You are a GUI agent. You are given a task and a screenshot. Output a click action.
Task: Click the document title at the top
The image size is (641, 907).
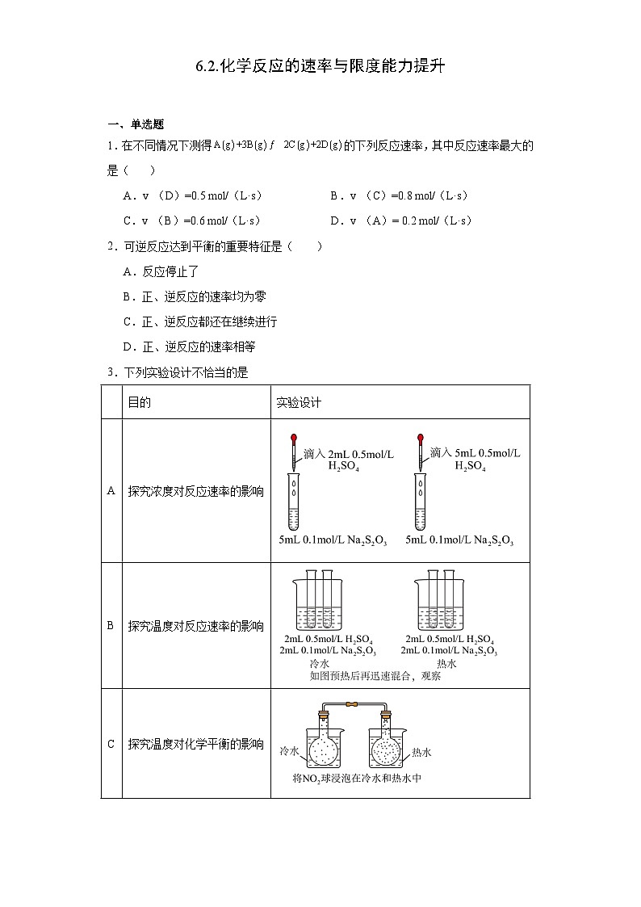point(320,67)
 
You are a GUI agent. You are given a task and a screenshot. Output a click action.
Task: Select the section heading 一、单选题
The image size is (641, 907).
point(136,124)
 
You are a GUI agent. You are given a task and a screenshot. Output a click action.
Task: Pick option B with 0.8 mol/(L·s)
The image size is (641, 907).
point(399,195)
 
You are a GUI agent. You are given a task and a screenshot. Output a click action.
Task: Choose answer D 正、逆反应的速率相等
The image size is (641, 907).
point(191,346)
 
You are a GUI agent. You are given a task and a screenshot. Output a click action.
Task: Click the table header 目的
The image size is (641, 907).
point(139,401)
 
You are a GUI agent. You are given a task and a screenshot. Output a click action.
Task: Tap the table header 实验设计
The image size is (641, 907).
point(299,401)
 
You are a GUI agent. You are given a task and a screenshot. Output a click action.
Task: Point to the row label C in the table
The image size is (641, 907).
point(111,744)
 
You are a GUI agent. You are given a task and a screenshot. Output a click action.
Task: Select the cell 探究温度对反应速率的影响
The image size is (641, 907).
point(195,626)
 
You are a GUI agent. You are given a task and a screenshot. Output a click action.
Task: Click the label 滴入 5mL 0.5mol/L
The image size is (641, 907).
point(475,453)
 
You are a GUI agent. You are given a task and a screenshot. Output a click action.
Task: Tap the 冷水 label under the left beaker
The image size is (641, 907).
point(309,663)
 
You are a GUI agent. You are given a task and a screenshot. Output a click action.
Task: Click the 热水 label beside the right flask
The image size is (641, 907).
point(421,752)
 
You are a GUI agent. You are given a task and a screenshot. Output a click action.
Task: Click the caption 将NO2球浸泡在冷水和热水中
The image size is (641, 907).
point(358,779)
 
